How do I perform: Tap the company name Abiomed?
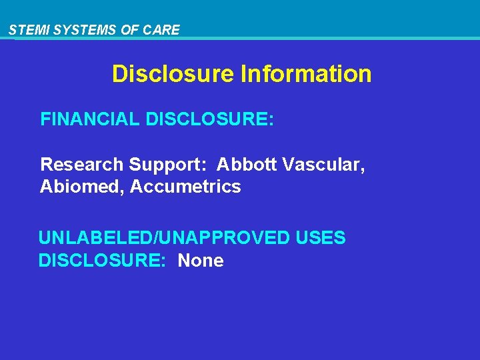pyautogui.click(x=82, y=187)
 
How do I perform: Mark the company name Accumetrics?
pyautogui.click(x=185, y=187)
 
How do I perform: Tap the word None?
pyautogui.click(x=201, y=261)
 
